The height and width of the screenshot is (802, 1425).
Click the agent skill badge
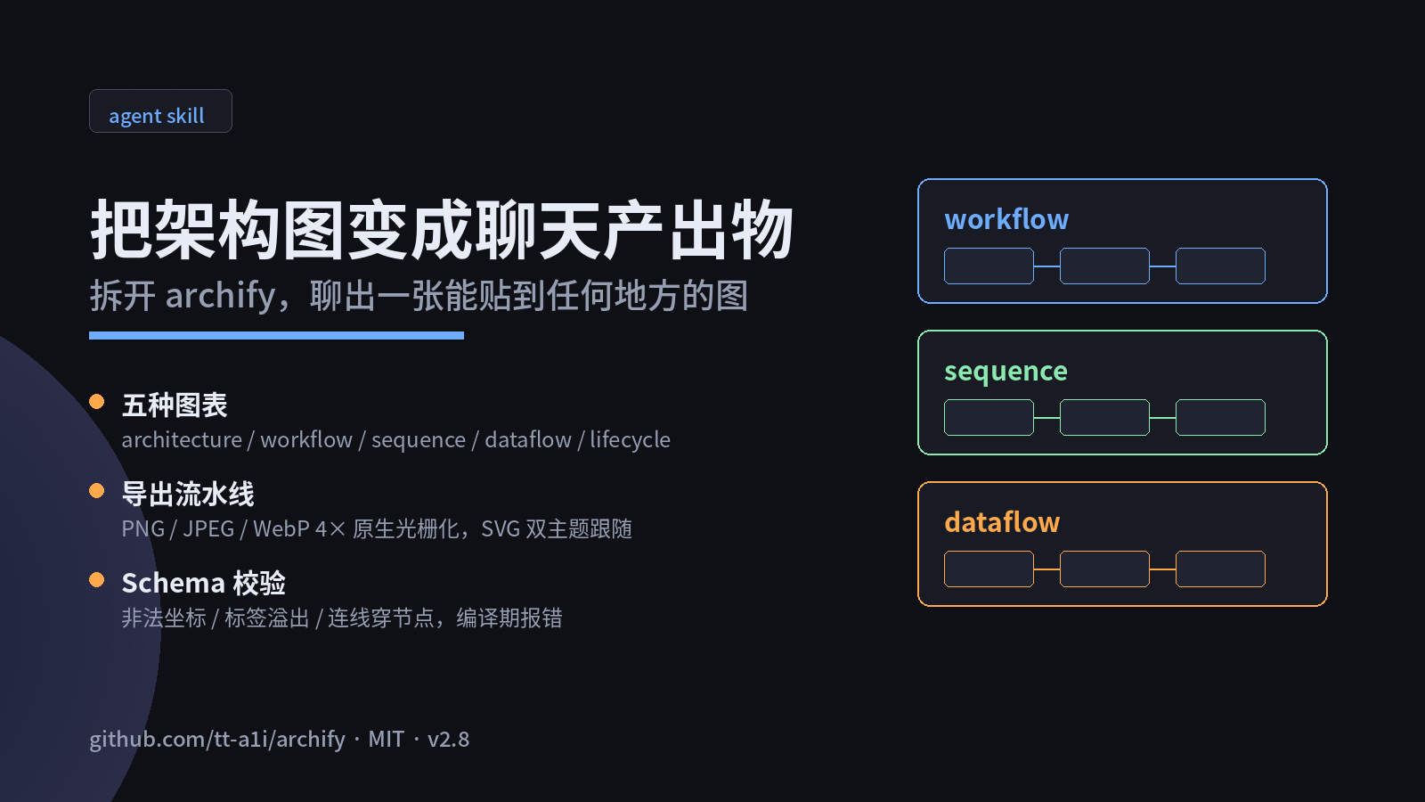click(160, 111)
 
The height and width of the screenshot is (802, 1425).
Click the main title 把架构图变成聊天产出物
click(442, 230)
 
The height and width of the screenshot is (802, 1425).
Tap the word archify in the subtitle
click(220, 296)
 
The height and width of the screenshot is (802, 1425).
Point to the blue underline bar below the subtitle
click(276, 335)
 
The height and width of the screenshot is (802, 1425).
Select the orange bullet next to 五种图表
click(97, 402)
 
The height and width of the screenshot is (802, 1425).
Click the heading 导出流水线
click(188, 495)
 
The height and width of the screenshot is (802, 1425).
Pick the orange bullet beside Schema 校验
click(97, 580)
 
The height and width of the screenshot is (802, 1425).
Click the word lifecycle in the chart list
click(630, 440)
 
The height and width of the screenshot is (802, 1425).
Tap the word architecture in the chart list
click(182, 440)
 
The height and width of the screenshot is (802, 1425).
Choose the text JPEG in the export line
click(208, 529)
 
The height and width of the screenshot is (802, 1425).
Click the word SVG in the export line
click(501, 529)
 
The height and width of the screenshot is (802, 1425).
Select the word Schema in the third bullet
click(173, 583)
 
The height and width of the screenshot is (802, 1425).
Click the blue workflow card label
click(1006, 219)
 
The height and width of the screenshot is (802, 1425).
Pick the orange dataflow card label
click(1002, 522)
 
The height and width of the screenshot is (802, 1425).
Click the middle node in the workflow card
click(1104, 266)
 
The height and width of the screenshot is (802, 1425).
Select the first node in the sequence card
click(989, 418)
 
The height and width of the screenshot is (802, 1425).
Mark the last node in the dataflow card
click(1220, 569)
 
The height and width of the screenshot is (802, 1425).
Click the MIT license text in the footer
click(387, 740)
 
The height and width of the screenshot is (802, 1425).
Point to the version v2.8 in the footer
click(449, 740)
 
